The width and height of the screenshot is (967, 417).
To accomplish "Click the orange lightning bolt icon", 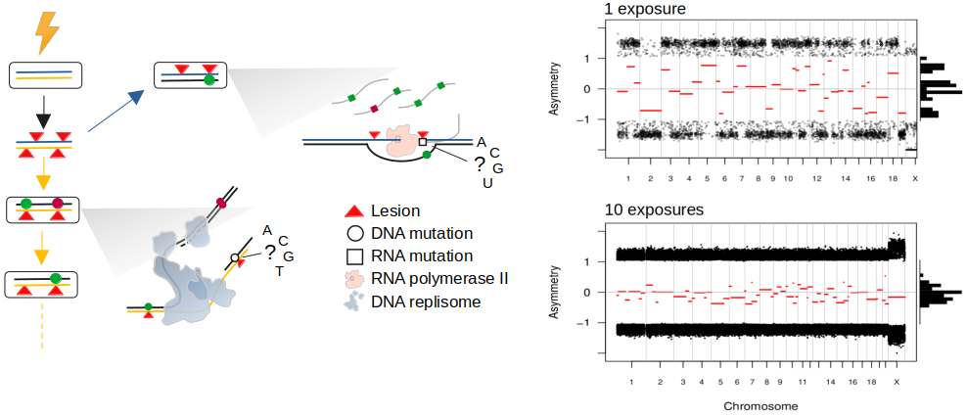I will tap(46, 31).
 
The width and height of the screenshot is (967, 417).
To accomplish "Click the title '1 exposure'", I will tap(645, 10).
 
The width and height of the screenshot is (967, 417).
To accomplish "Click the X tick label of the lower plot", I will tap(897, 382).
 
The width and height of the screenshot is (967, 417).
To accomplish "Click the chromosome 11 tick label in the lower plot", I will tap(802, 382).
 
